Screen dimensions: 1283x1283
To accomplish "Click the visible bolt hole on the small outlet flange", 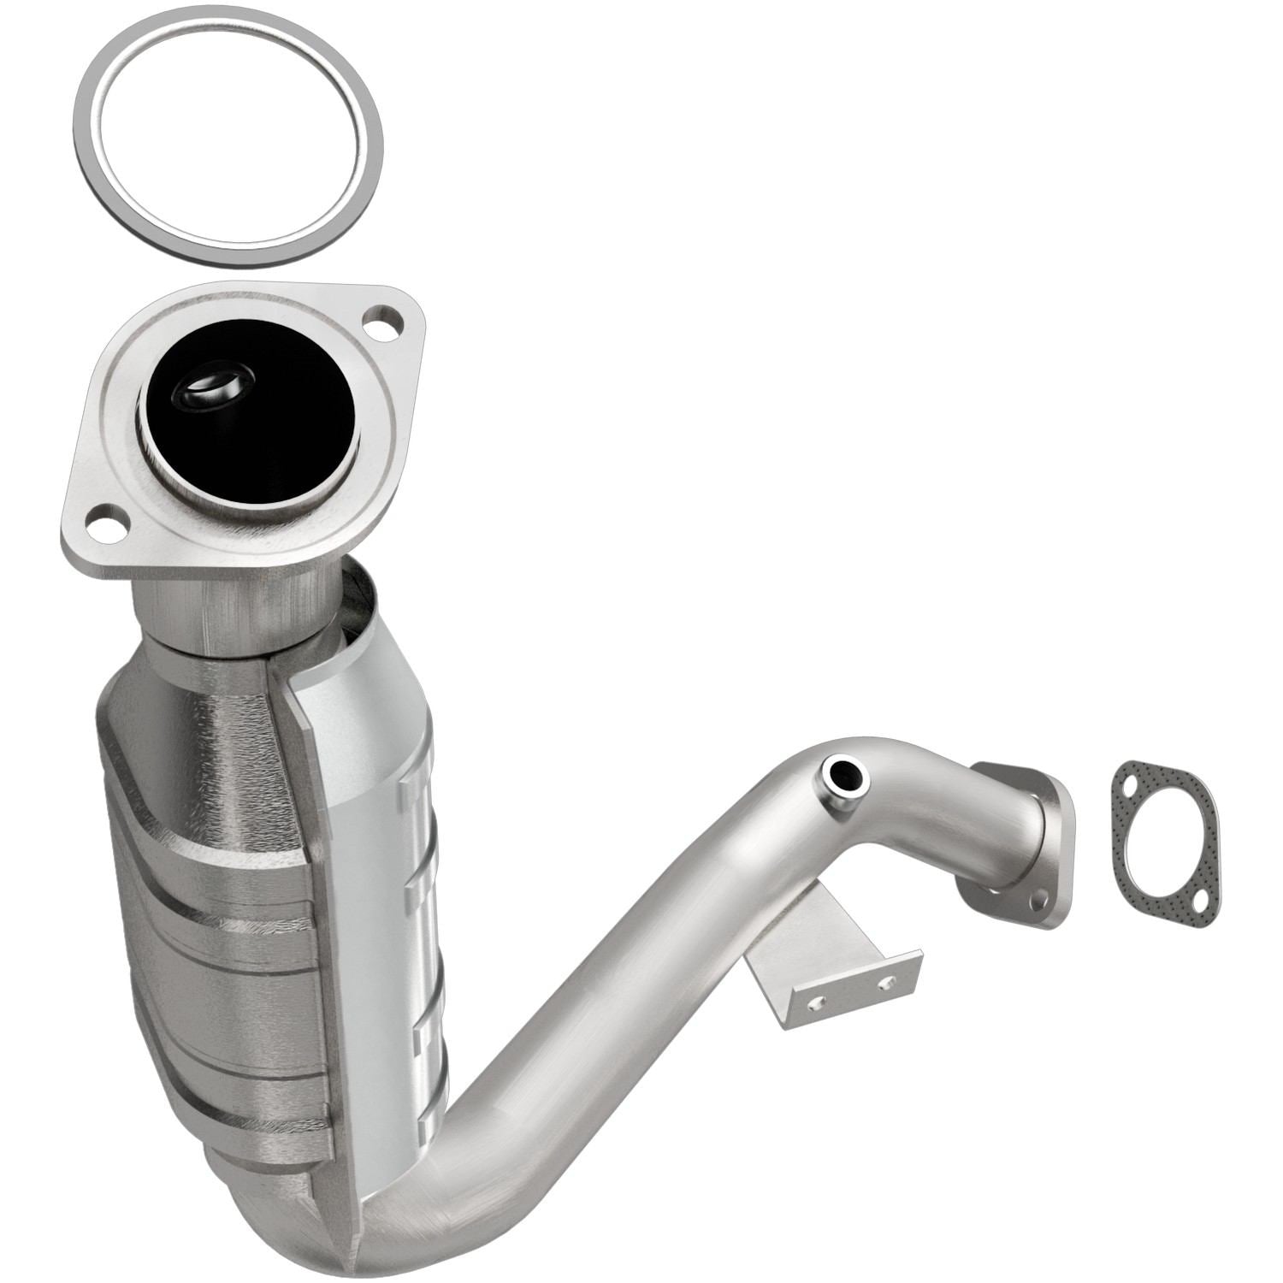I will [1041, 902].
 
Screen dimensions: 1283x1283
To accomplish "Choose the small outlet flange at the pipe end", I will [1022, 843].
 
